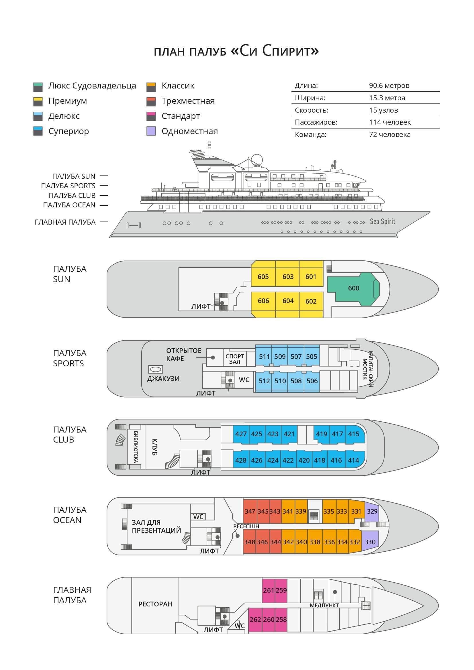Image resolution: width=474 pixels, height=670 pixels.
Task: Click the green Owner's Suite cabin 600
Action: (353, 288)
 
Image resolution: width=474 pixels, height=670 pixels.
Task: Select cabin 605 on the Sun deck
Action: (263, 277)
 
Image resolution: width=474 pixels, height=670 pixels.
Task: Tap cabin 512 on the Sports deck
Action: (264, 381)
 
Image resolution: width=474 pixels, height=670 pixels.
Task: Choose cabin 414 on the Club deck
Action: (353, 460)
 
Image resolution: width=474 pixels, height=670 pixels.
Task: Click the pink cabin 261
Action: (268, 590)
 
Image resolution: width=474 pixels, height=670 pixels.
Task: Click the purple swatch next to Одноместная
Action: (151, 131)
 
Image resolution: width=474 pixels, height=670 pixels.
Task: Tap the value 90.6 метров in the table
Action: (389, 85)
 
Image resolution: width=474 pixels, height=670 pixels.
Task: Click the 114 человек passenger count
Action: (390, 122)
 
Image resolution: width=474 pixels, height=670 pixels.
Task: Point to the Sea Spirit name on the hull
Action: (382, 221)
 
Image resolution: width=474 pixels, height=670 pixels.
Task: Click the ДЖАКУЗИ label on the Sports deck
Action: (163, 378)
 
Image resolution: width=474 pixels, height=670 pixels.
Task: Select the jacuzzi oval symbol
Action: (156, 369)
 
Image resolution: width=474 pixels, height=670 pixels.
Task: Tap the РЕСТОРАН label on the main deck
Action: (155, 604)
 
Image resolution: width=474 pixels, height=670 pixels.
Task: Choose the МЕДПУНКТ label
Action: (324, 606)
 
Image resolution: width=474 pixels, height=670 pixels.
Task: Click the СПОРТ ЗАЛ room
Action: (235, 359)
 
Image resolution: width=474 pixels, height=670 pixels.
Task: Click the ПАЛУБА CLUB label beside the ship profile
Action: (72, 196)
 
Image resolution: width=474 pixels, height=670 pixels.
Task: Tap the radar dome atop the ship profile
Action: (257, 159)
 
